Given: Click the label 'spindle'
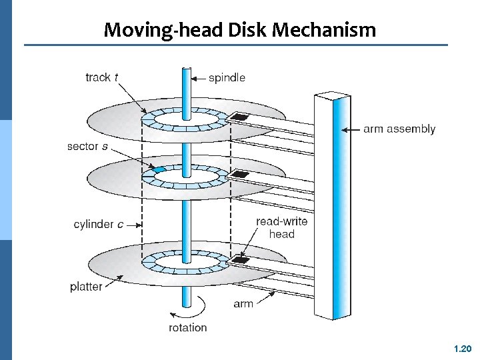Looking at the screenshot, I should coord(227,78).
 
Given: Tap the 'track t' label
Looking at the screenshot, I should coord(102,77).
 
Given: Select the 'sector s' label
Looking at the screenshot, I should coord(87,146).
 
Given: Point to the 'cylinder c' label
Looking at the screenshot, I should coord(98,224).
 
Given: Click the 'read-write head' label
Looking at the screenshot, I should coord(281,227).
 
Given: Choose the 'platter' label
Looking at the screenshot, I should coord(86,287).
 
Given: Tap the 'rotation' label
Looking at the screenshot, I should coord(187,327).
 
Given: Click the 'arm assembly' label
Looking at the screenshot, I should coord(399,129).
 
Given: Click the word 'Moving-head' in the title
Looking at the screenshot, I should coord(156,30).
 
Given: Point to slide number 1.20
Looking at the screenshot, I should coord(462,349).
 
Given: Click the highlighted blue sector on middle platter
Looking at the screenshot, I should coord(159,170).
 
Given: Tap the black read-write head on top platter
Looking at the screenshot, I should coord(239,117).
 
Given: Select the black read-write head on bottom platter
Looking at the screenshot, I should coord(240,259).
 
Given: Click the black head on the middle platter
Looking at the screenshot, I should coord(239,175).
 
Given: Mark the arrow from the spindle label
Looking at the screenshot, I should coord(199,78).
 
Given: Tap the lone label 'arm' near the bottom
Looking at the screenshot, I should coord(243,304).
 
